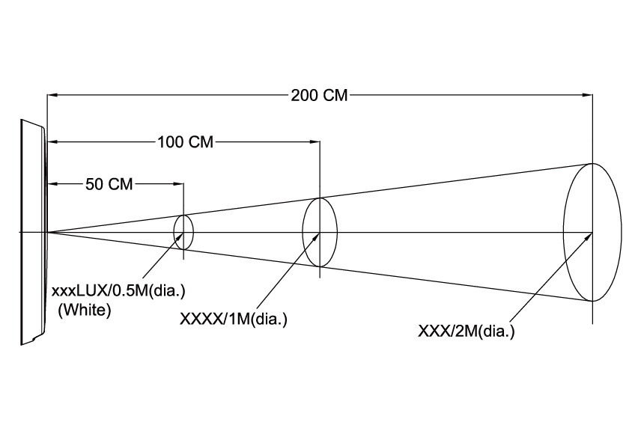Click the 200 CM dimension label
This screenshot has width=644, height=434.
coord(320,95)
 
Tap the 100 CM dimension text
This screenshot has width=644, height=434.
coord(185,141)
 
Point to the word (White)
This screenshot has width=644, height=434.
coord(85,310)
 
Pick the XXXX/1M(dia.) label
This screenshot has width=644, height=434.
coord(234,320)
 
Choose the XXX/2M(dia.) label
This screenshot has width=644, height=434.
coord(467,330)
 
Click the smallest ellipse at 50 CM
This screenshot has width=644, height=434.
coord(183,231)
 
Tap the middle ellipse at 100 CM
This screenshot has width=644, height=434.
coord(320,232)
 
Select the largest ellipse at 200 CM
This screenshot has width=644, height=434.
coord(592,232)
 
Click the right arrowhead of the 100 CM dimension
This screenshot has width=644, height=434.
coord(315,141)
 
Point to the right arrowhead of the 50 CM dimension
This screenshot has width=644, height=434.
coord(178,184)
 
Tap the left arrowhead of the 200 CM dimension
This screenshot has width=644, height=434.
coord(52,95)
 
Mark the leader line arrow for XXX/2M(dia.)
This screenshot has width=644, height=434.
coord(588,236)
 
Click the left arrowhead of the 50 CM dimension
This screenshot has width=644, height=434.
coord(52,184)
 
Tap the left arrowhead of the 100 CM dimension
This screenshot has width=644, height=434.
coord(52,141)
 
